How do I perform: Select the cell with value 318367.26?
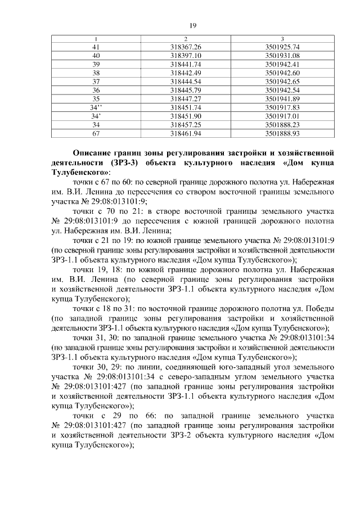(x=185, y=47)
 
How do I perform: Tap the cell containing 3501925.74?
(x=282, y=47)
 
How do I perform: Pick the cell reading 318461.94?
(x=185, y=133)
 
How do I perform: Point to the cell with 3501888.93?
(x=282, y=133)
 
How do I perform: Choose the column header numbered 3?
(x=282, y=38)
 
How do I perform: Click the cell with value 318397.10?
(x=185, y=56)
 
